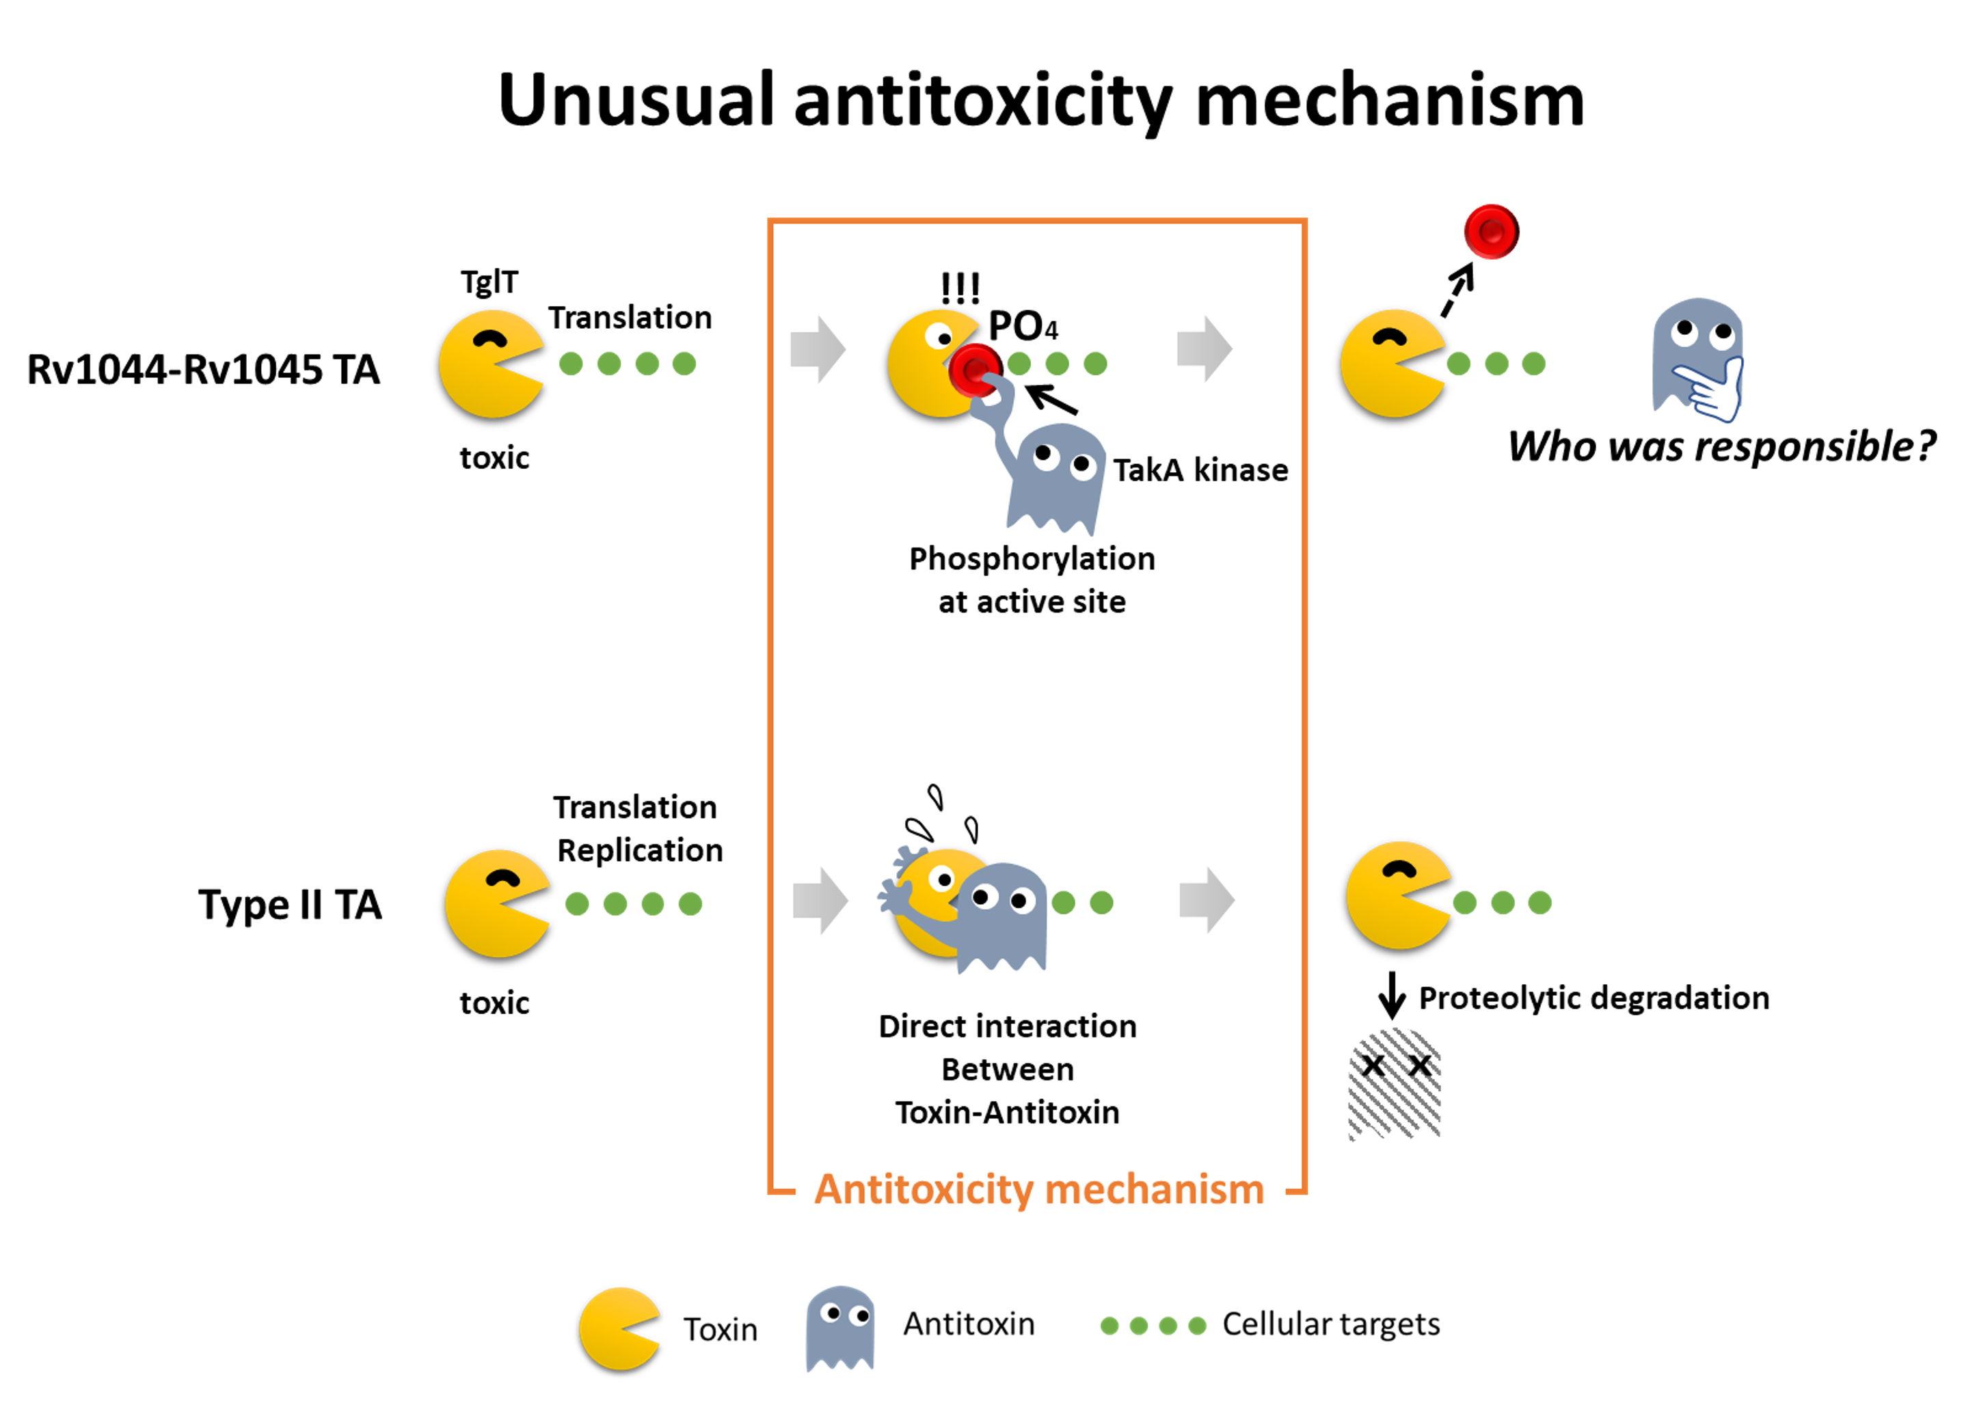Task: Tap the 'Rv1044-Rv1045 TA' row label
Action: (x=203, y=370)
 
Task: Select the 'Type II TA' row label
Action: (x=289, y=905)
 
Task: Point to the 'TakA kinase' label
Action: (x=1200, y=470)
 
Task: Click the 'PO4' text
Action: (x=1022, y=326)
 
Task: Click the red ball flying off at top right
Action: (x=1490, y=231)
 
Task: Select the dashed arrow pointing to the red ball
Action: (x=1458, y=290)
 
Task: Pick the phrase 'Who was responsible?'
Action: (x=1721, y=447)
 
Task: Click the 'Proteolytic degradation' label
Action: (x=1593, y=998)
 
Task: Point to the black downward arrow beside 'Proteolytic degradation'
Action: (x=1391, y=994)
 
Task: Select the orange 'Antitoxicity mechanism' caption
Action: (x=1039, y=1190)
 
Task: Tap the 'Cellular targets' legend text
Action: (x=1330, y=1324)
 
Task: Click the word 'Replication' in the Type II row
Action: (x=639, y=851)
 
